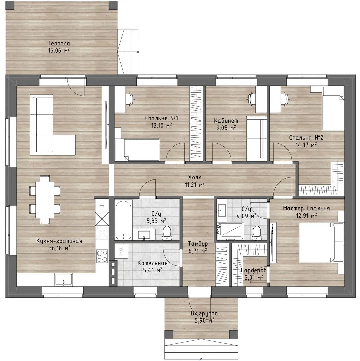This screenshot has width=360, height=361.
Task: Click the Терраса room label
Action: [x=59, y=43]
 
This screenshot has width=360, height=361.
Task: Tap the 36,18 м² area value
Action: [x=59, y=248]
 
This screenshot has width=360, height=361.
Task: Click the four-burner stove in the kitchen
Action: [x=102, y=256]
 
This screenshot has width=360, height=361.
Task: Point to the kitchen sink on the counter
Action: [x=63, y=280]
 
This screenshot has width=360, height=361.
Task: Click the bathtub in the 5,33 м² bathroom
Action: [x=123, y=220]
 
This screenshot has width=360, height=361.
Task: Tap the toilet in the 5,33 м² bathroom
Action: [x=167, y=233]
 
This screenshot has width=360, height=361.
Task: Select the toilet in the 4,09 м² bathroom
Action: [x=256, y=233]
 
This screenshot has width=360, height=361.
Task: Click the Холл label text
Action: [x=195, y=177]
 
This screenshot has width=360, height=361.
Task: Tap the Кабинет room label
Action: [x=226, y=121]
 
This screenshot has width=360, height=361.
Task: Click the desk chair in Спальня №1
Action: [x=131, y=99]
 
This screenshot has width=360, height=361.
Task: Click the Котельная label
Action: [x=152, y=263]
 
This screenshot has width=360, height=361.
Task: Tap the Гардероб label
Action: [x=254, y=270]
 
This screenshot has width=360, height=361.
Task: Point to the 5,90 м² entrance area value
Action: [x=204, y=320]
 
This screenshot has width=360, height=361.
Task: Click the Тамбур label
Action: [x=198, y=244]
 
